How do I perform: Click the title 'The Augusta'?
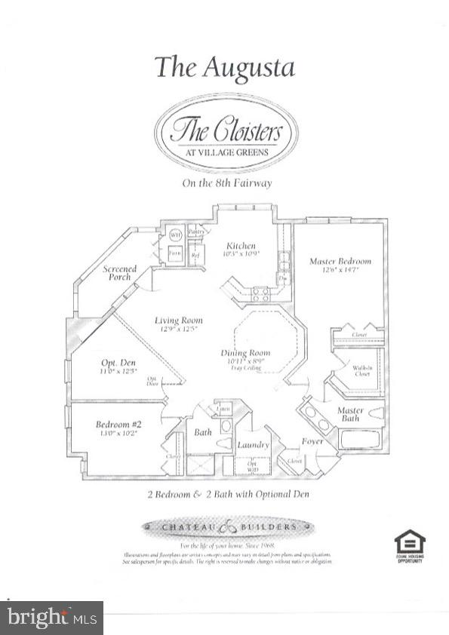pos(224,67)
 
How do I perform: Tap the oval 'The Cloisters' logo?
pos(226,137)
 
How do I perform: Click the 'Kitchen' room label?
pos(241,247)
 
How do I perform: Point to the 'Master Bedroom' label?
pos(340,262)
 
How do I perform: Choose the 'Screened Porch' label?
pos(120,273)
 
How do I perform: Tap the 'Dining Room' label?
pos(245,354)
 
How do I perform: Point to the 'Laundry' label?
pos(253,445)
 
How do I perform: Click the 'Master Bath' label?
pos(350,415)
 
